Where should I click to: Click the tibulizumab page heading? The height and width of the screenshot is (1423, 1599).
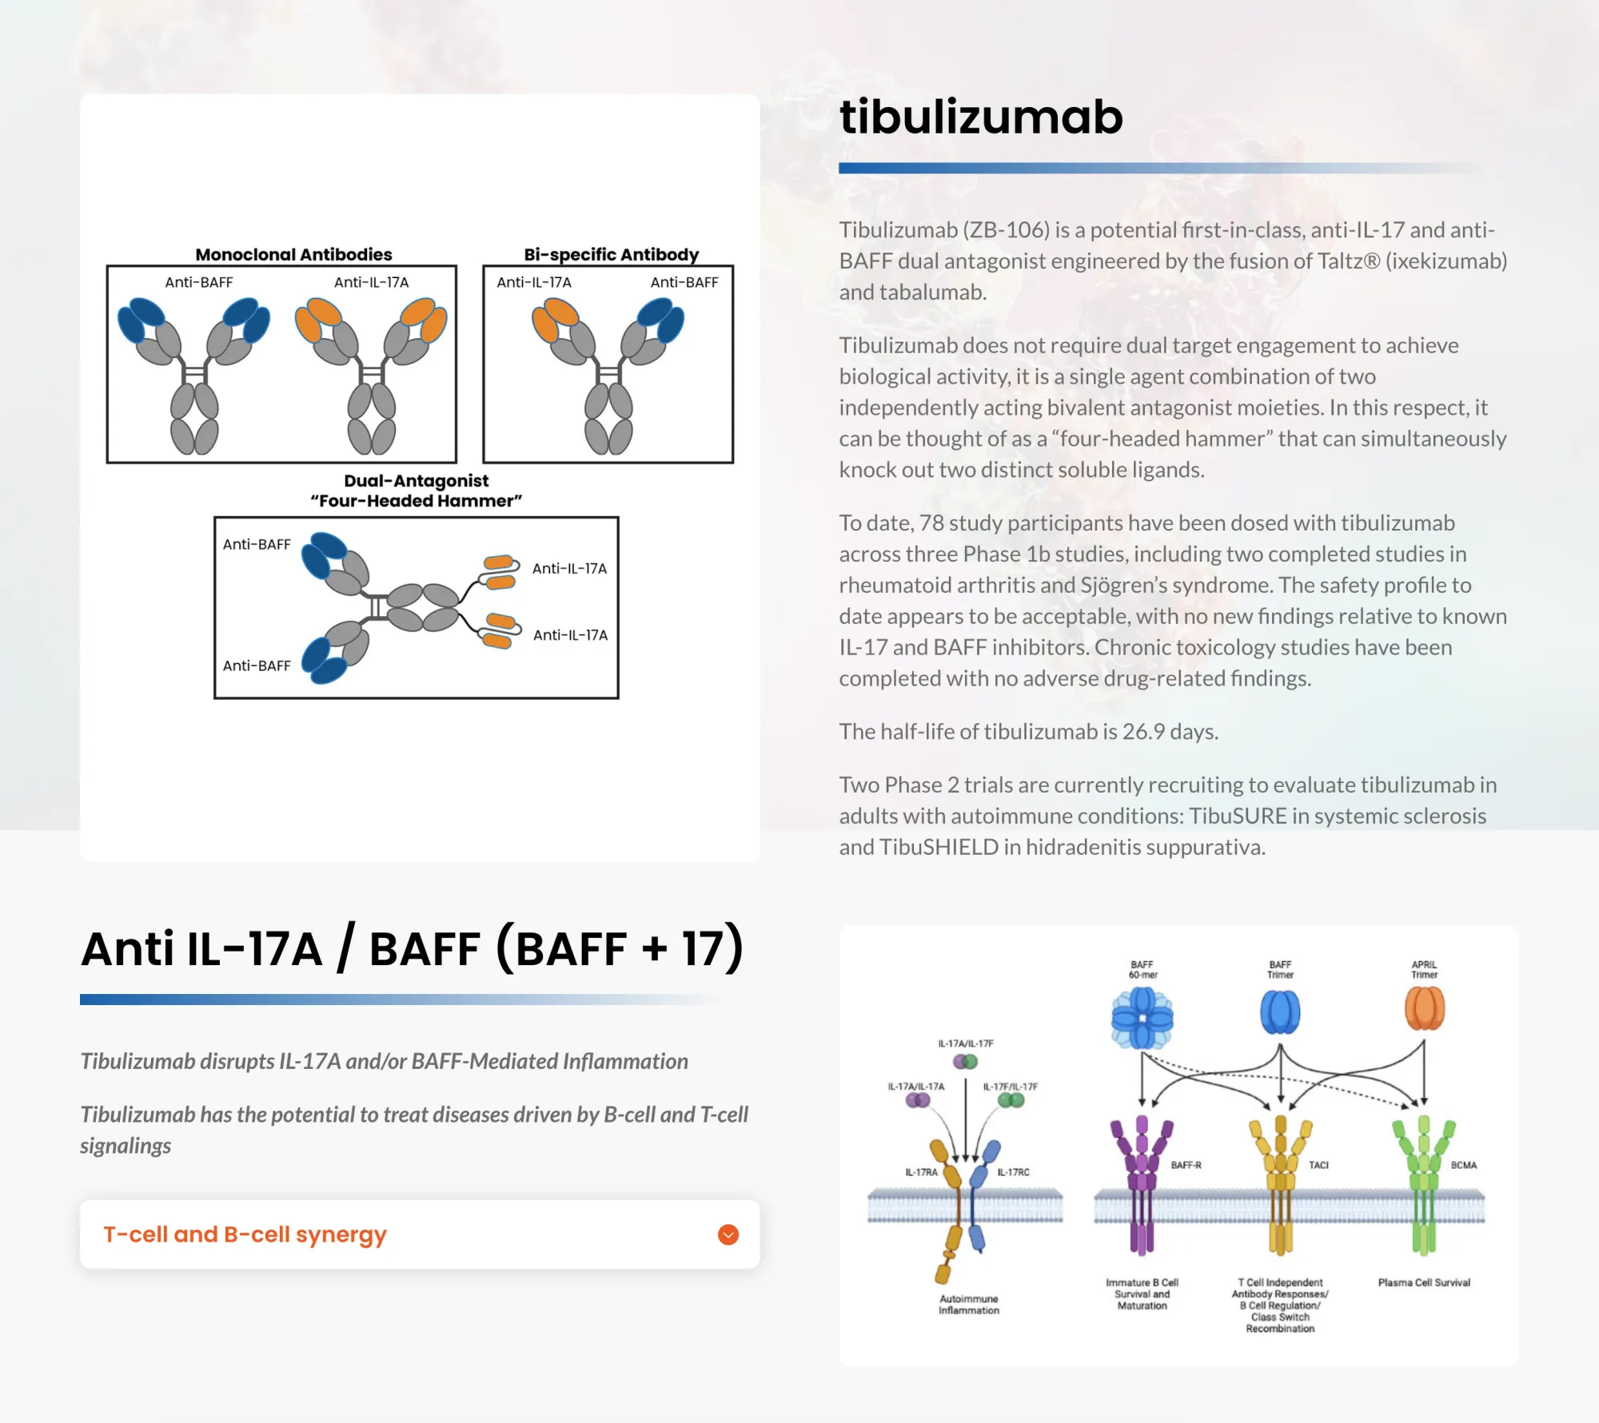pos(981,117)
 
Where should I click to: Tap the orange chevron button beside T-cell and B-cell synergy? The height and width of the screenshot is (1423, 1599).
pos(728,1234)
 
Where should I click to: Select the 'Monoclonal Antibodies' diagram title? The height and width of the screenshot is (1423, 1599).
pos(293,254)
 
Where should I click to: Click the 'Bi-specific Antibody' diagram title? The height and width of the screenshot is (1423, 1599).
pos(611,254)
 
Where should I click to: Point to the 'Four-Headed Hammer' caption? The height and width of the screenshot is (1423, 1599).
pos(416,501)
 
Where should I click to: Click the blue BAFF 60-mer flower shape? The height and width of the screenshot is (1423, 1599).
pos(1142,1018)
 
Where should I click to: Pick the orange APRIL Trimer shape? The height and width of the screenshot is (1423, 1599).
pos(1424,1009)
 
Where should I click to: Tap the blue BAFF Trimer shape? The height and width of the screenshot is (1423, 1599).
pos(1280,1012)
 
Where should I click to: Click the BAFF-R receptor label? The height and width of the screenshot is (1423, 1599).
pos(1186,1165)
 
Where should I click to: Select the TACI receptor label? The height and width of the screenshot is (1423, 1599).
pos(1318,1165)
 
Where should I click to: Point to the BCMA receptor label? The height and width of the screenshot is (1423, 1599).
pos(1463,1165)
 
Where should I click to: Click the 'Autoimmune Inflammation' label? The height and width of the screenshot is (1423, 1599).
pos(968,1304)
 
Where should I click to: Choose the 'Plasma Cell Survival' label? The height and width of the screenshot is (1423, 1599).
pos(1424,1282)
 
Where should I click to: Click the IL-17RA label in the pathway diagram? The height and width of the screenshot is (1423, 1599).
pos(921,1172)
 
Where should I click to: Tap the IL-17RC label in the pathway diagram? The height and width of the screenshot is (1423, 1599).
pos(1013,1172)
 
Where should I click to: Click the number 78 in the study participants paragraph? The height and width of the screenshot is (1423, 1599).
pos(931,523)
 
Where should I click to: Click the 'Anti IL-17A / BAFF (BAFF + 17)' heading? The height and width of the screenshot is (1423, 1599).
pos(412,948)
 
